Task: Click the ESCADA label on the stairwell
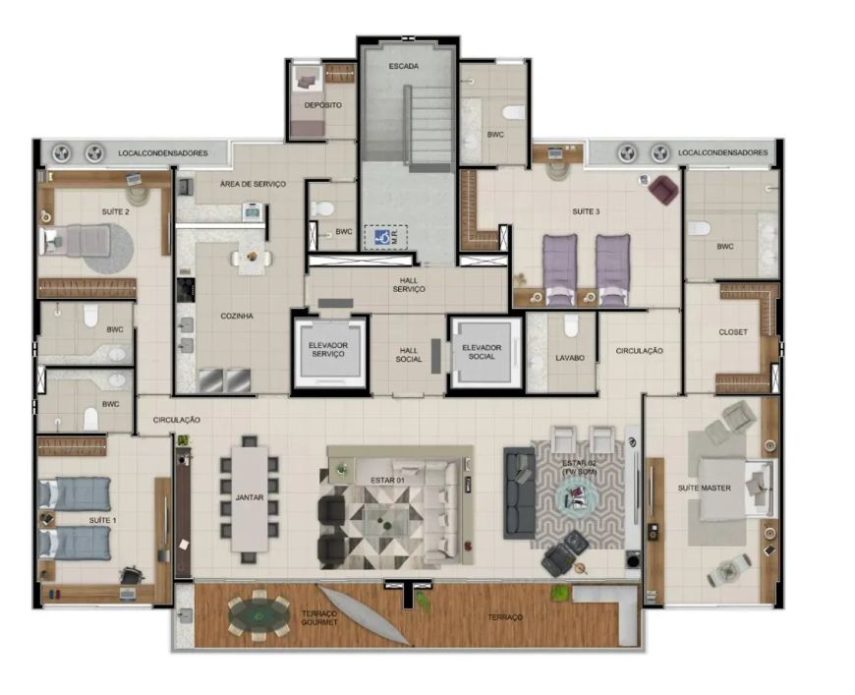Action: [x=404, y=66]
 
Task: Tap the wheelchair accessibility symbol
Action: [x=382, y=237]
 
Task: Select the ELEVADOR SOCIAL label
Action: [x=482, y=352]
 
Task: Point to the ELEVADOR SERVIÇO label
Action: [x=327, y=350]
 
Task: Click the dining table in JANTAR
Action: [x=250, y=498]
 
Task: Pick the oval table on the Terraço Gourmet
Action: [x=259, y=615]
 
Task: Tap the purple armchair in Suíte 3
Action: [x=663, y=190]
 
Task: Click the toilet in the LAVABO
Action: [x=570, y=325]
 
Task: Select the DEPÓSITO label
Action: [x=323, y=105]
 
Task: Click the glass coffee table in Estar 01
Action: [x=385, y=519]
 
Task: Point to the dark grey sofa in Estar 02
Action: [x=519, y=492]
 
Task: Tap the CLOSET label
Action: [x=733, y=331]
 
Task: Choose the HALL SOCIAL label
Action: [x=409, y=355]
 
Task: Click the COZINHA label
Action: [x=237, y=316]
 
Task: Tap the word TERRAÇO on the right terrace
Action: [x=505, y=617]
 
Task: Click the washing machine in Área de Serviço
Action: [x=254, y=211]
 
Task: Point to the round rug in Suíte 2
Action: [x=108, y=249]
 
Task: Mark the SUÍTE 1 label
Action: [x=102, y=520]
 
